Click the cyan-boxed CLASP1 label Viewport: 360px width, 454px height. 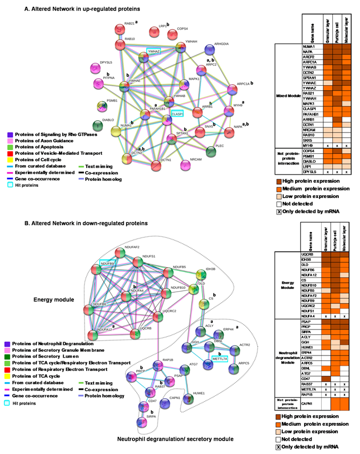177,113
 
